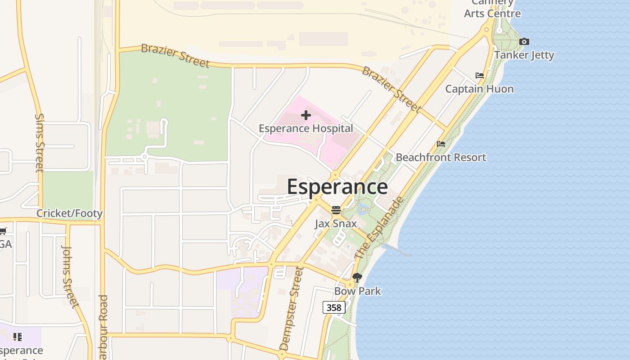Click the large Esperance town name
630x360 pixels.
pos(337,187)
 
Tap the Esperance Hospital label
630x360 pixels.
pos(306,129)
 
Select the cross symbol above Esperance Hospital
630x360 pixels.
pos(306,115)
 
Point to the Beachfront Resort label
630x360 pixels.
pos(441,157)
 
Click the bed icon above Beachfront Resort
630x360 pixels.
pos(441,144)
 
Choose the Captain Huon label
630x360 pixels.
pos(479,89)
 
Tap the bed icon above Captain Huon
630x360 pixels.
pos(480,76)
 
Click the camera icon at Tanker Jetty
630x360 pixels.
pos(524,42)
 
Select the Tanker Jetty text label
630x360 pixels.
pos(524,55)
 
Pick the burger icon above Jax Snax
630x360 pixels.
pos(336,210)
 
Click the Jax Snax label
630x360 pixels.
pos(336,224)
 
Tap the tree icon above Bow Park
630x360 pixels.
pos(357,278)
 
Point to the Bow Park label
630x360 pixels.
pos(357,291)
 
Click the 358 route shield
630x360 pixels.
pos(334,307)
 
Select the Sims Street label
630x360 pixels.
pos(40,143)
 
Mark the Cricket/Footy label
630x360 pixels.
pos(69,213)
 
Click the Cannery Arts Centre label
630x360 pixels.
pos(492,9)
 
